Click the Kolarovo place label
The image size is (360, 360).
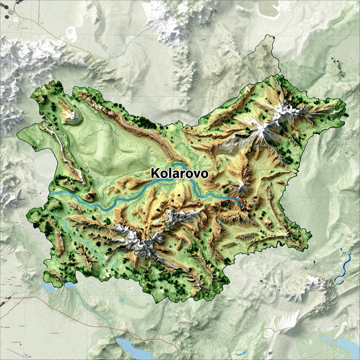coord(179,173)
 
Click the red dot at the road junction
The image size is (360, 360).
coord(10,298)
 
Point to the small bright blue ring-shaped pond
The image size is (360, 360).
coord(122,301)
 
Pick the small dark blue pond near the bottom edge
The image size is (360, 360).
coord(241,353)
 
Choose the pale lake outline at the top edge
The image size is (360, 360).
coord(270,11)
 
